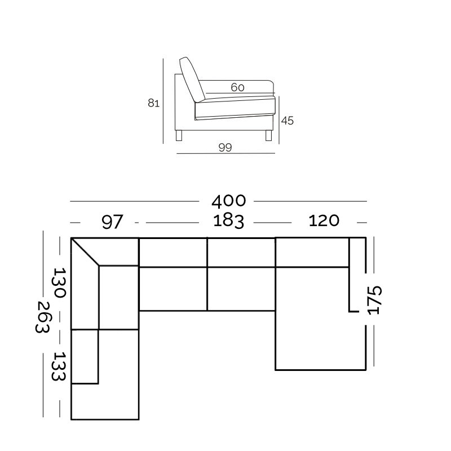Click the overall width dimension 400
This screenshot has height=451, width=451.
coord(229,201)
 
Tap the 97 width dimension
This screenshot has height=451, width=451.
coord(112,222)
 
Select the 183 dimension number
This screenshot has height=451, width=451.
coord(229,221)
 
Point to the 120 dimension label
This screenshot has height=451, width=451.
coord(324,220)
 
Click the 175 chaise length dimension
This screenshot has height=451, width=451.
coord(374,300)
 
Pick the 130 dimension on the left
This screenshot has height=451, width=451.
coord(60,283)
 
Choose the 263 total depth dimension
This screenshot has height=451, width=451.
coord(43,317)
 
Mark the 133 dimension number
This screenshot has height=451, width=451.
coord(59,366)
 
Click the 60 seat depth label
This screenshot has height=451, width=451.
coord(237,87)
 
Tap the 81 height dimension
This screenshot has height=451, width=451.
coord(153,103)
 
